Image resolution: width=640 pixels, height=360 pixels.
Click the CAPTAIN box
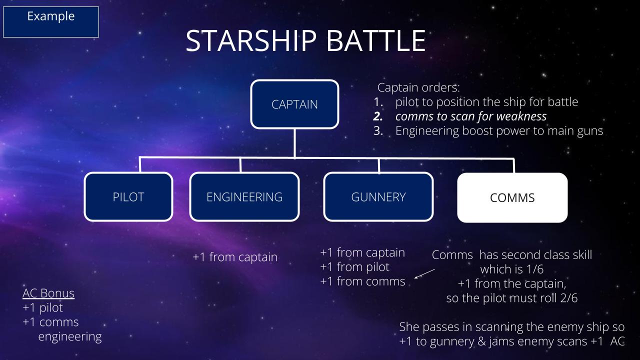[294, 104]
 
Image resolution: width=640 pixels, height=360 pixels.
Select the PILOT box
[128, 197]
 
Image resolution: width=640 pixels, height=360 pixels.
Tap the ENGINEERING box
[244, 197]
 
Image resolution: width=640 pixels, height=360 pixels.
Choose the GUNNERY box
[378, 197]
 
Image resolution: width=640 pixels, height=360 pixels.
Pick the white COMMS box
[512, 197]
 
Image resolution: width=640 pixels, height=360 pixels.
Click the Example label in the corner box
[51, 16]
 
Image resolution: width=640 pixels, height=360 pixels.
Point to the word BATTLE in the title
[375, 41]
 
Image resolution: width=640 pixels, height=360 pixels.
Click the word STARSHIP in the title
[251, 41]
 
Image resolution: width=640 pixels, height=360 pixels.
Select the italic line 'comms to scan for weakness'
[471, 116]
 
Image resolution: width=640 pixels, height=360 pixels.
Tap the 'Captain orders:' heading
[418, 87]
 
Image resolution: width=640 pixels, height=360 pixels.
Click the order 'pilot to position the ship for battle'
[486, 102]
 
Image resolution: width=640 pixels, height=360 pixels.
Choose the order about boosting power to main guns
[499, 131]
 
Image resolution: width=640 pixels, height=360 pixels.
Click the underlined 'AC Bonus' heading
[48, 293]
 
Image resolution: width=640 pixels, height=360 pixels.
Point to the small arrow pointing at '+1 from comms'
[424, 273]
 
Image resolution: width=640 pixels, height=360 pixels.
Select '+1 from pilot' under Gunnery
[354, 267]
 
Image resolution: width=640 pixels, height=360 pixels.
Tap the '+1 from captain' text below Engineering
[235, 257]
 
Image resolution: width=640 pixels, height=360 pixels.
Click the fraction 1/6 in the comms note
[533, 269]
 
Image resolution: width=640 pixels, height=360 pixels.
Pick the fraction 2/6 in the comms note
[569, 298]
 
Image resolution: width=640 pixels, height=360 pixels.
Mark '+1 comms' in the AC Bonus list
[50, 322]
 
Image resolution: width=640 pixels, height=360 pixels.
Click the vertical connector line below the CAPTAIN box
[294, 143]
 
